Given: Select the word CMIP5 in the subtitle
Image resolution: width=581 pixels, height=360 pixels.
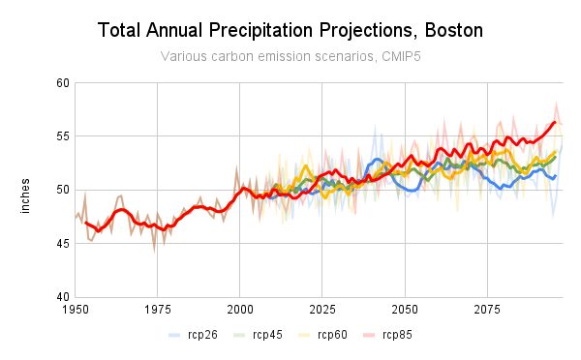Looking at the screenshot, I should [399, 56].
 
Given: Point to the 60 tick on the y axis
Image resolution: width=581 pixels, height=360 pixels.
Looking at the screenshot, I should [62, 83].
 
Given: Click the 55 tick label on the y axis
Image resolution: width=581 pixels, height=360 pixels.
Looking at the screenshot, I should [62, 136].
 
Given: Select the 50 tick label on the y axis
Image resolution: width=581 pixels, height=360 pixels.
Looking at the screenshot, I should [62, 190].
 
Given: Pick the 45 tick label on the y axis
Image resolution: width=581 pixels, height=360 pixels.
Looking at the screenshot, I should [62, 243].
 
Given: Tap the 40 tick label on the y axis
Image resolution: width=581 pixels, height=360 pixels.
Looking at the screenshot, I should [62, 296].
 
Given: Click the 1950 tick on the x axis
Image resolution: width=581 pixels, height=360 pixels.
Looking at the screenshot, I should [76, 311].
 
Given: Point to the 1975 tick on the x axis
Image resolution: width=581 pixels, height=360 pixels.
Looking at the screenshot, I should [158, 311].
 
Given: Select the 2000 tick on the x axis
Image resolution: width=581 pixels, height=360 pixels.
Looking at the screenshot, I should [240, 311].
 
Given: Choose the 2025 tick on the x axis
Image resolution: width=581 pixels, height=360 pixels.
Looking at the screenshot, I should [322, 311].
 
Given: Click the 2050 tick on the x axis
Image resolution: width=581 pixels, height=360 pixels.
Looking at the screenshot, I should [405, 311].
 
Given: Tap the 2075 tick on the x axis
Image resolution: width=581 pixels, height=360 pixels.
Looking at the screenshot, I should [487, 311].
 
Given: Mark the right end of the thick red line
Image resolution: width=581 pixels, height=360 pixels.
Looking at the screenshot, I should [555, 122].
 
